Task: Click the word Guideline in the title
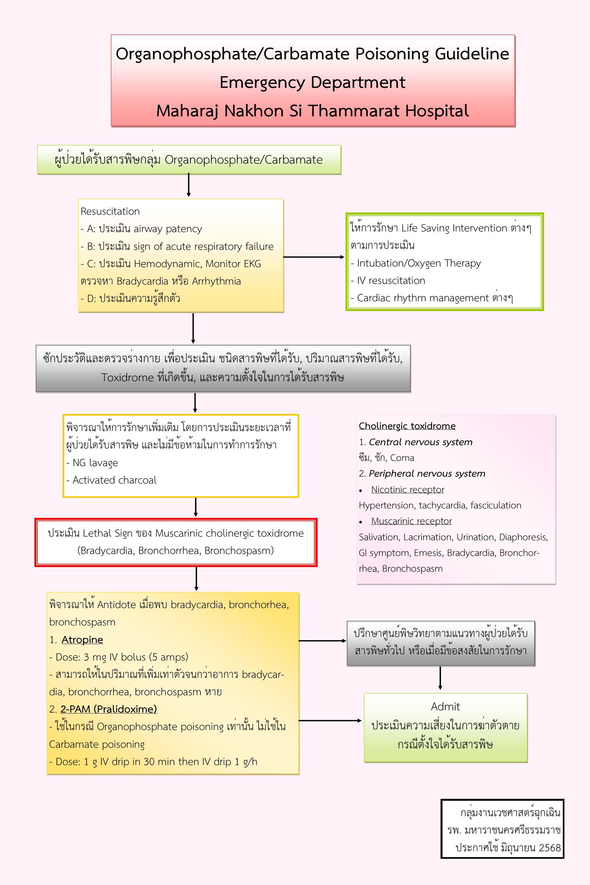point(472,54)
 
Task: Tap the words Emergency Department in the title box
point(312,82)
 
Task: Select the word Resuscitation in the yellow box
point(110,211)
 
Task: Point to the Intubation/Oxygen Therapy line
point(419,263)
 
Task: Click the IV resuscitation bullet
point(391,281)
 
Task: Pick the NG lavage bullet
point(95,463)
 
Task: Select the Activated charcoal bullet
point(114,480)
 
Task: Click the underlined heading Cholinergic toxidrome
point(407,426)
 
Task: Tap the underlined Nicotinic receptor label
point(407,489)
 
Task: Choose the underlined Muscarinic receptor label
point(411,521)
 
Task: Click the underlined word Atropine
point(82,640)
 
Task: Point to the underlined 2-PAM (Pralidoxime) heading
point(108,709)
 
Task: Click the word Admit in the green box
point(445,707)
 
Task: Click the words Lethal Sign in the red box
point(107,534)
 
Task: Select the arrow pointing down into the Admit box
point(440,678)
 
